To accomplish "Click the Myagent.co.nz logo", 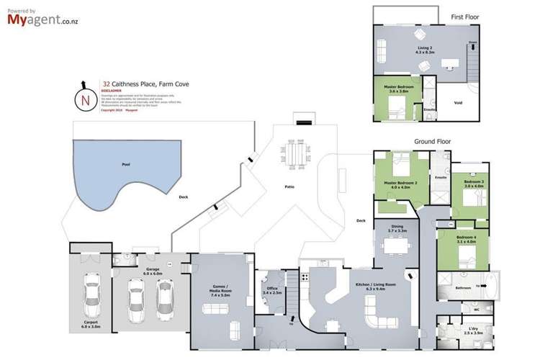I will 43,19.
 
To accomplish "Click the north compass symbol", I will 86,100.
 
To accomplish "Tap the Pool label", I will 126,165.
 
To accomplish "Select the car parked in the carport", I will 91,297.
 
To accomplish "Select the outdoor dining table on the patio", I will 295,153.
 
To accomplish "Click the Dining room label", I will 397,227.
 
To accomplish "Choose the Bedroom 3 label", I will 474,181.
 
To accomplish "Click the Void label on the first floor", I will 458,102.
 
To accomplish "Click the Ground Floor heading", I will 432,142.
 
